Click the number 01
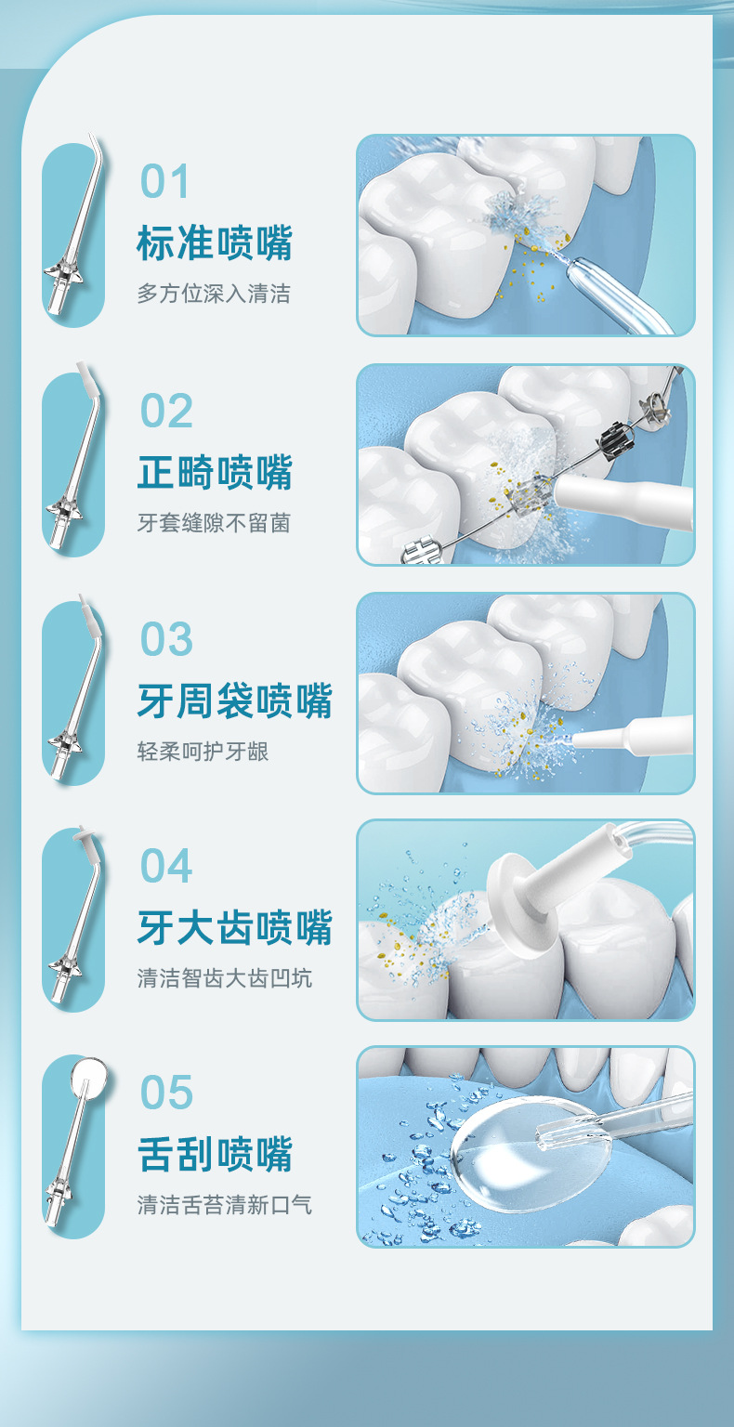165,182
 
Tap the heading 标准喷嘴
215,243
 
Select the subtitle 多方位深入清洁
214,295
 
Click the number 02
166,411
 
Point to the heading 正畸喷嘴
215,472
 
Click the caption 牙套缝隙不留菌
214,523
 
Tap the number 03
166,639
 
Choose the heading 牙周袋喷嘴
234,700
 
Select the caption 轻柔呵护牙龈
203,752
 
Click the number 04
166,866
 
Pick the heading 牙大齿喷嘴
234,927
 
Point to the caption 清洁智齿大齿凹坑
225,978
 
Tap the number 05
166,1093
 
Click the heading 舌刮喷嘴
215,1154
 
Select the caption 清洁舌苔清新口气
225,1205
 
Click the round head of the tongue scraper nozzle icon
88,1078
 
